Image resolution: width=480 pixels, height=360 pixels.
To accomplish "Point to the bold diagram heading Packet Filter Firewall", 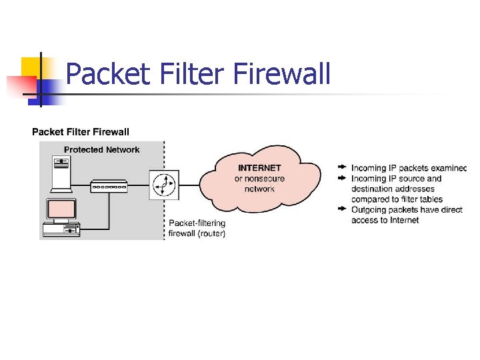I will [x=81, y=132].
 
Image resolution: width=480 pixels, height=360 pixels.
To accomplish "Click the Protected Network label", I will [x=101, y=149].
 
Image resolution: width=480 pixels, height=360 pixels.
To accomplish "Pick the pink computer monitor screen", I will [x=61, y=210].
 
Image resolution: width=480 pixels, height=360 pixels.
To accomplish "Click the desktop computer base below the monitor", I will [x=61, y=229].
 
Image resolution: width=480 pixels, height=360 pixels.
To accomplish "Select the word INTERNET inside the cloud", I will [x=259, y=168].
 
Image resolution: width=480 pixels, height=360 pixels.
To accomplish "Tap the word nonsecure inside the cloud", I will [x=265, y=179].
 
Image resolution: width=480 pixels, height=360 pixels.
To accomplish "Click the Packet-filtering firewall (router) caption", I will [x=197, y=228].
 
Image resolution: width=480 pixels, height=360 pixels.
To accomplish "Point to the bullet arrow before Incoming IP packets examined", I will [x=342, y=167].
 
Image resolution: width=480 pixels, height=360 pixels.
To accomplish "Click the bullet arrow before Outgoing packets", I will [x=342, y=209].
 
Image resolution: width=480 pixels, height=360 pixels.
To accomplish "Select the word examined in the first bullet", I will [x=449, y=168].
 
